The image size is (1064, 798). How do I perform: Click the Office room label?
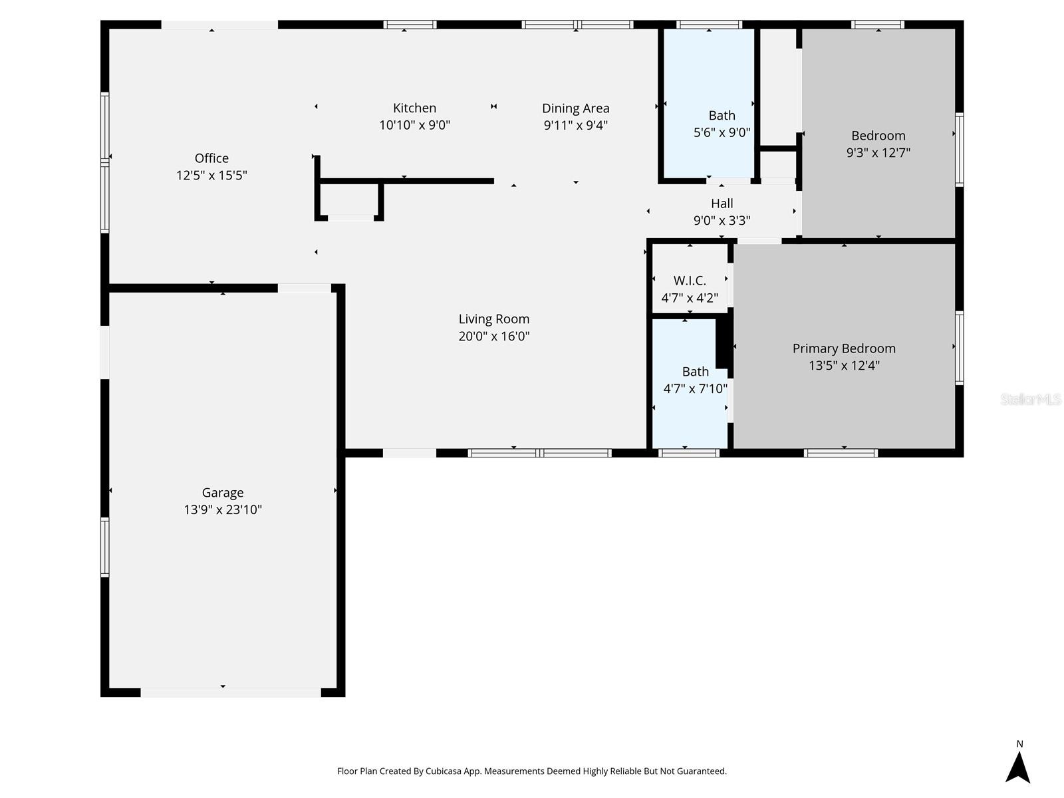click(x=211, y=158)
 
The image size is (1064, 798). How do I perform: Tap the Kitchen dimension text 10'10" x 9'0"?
click(x=414, y=125)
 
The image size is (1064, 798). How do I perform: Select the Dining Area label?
click(x=575, y=108)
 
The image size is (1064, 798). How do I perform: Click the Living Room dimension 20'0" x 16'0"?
click(x=493, y=336)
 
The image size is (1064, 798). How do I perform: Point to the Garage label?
click(x=222, y=493)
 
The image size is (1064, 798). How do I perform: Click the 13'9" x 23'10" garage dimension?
click(x=222, y=510)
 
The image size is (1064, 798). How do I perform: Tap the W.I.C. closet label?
click(x=690, y=281)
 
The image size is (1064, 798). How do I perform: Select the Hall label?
click(x=722, y=203)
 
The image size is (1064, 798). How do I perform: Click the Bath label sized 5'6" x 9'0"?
click(x=722, y=116)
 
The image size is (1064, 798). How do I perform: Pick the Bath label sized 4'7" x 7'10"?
click(x=695, y=372)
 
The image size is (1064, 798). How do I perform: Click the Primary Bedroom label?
click(x=843, y=348)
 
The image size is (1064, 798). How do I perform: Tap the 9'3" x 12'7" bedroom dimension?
click(x=878, y=152)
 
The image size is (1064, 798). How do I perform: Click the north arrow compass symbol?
click(x=1017, y=767)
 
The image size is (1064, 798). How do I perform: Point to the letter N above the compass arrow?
click(x=1019, y=744)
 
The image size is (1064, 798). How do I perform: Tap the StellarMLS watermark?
click(x=1030, y=399)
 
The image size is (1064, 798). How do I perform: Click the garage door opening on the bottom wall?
click(x=230, y=692)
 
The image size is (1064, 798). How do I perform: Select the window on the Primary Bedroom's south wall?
click(x=841, y=453)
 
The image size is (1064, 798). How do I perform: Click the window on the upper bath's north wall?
click(x=709, y=25)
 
